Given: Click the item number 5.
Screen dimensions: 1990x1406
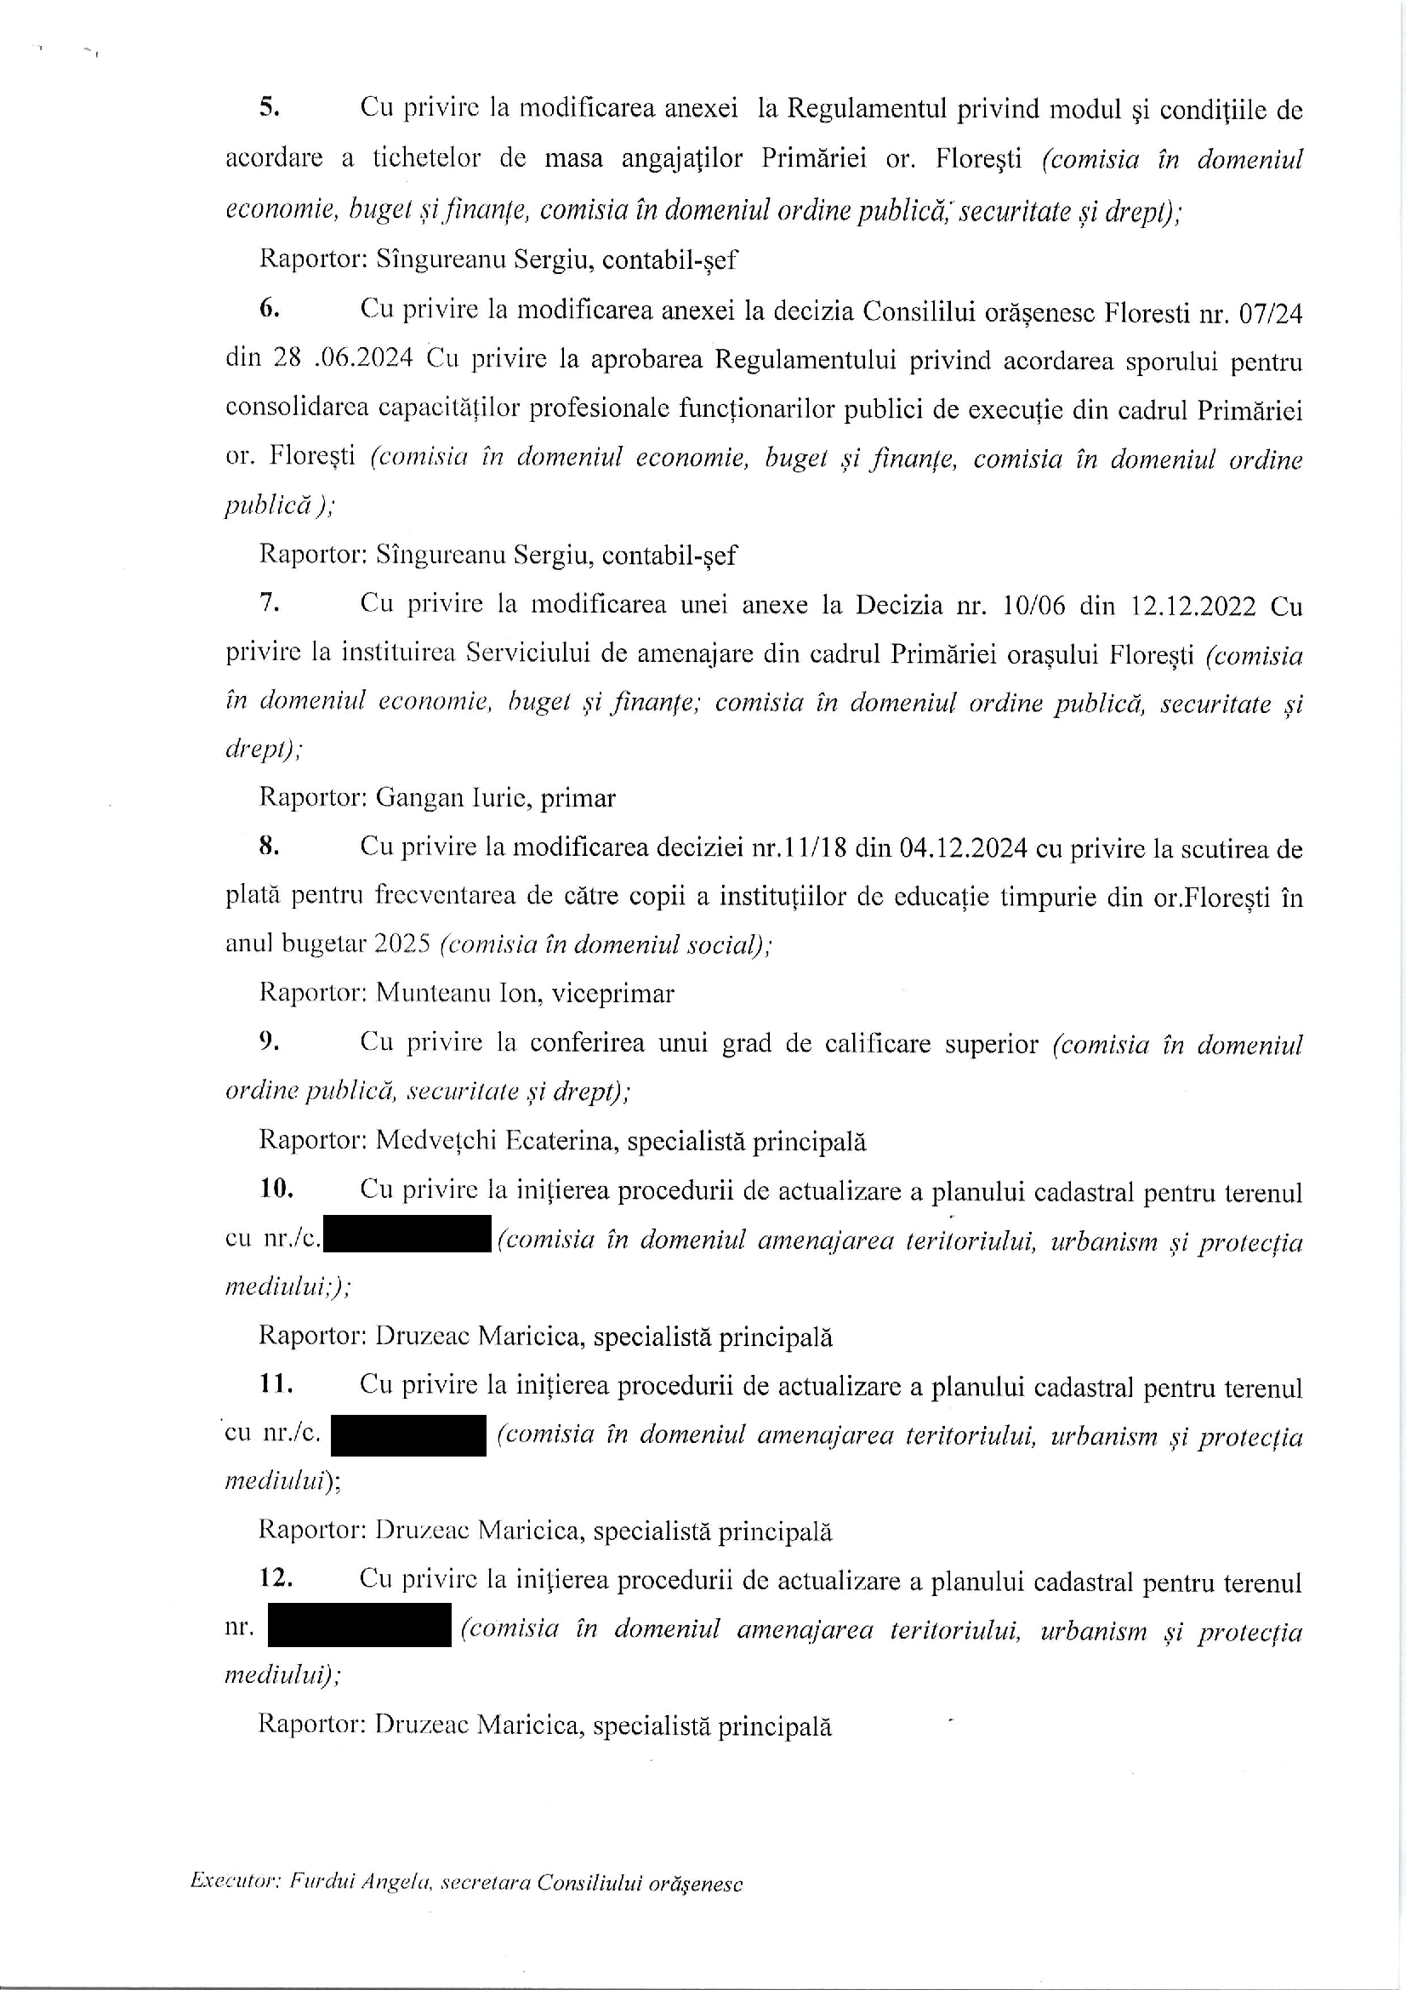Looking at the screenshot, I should pyautogui.click(x=269, y=107).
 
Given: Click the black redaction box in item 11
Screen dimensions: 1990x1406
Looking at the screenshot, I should pyautogui.click(x=408, y=1435).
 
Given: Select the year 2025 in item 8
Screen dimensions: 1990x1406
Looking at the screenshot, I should pyautogui.click(x=402, y=944).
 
